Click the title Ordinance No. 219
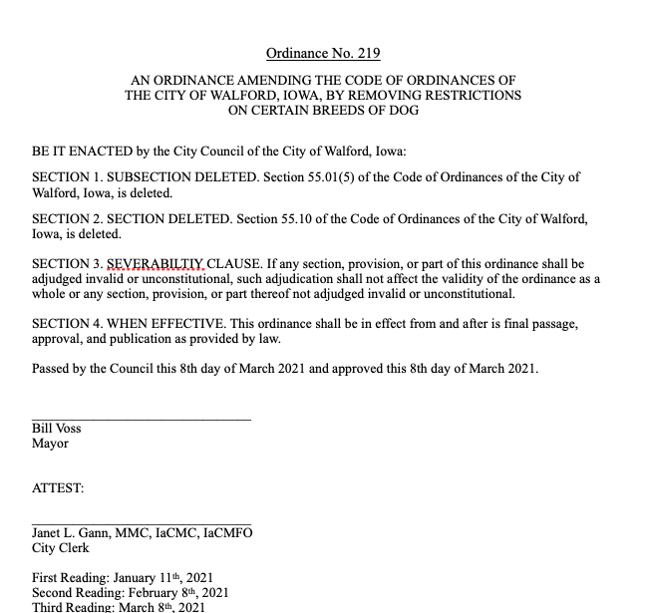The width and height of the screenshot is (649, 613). coord(323,53)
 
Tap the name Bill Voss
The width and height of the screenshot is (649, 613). coord(57,429)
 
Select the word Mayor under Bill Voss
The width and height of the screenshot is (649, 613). coord(50,444)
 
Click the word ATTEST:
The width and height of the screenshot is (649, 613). coord(58,488)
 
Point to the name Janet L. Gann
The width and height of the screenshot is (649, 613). coord(76,533)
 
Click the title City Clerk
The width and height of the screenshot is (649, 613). coord(61,548)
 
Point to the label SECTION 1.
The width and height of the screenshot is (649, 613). coord(65,177)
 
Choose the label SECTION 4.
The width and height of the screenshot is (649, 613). coord(65,325)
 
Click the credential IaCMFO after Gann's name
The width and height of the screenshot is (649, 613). coord(228,533)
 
